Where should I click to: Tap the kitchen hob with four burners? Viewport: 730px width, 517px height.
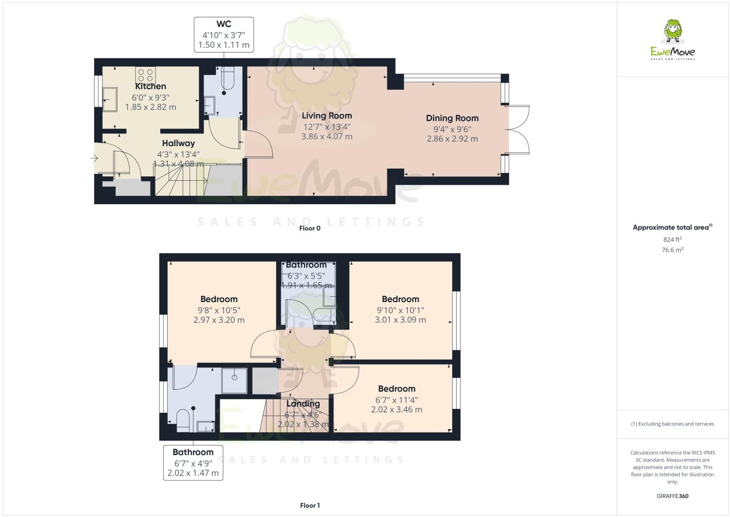click(x=145, y=75)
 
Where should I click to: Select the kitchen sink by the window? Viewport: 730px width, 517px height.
click(x=110, y=99)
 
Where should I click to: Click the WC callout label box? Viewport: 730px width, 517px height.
click(x=224, y=35)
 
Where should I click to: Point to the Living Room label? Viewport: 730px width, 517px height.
click(x=327, y=116)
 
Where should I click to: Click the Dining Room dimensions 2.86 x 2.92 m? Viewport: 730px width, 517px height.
click(x=452, y=139)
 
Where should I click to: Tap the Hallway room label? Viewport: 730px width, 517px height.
click(x=178, y=143)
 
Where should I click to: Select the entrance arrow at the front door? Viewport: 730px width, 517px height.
click(x=94, y=158)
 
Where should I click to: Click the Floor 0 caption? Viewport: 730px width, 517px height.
click(x=309, y=228)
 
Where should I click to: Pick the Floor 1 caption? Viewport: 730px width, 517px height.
click(x=309, y=505)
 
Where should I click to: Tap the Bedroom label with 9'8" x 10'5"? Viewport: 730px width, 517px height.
click(x=219, y=299)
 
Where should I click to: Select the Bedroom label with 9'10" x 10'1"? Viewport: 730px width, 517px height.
click(x=400, y=299)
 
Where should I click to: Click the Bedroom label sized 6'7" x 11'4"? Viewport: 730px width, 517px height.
click(x=397, y=389)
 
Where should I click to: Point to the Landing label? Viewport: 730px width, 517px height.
click(x=303, y=403)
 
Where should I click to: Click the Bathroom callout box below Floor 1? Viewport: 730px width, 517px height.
click(x=193, y=462)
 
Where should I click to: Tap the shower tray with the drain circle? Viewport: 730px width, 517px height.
click(x=234, y=381)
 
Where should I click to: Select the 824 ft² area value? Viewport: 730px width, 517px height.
click(x=672, y=239)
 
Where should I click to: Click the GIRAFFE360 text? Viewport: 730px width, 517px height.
click(x=672, y=496)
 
